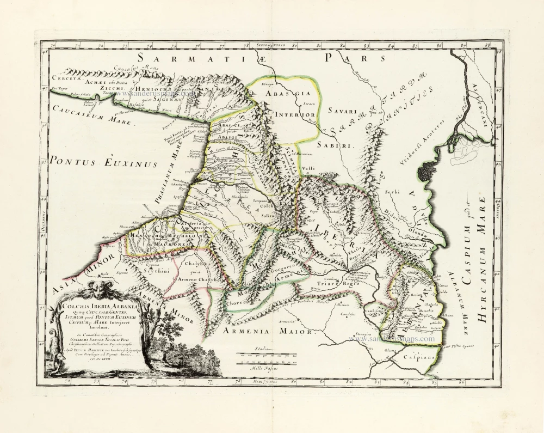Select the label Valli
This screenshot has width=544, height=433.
pos(308,169)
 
